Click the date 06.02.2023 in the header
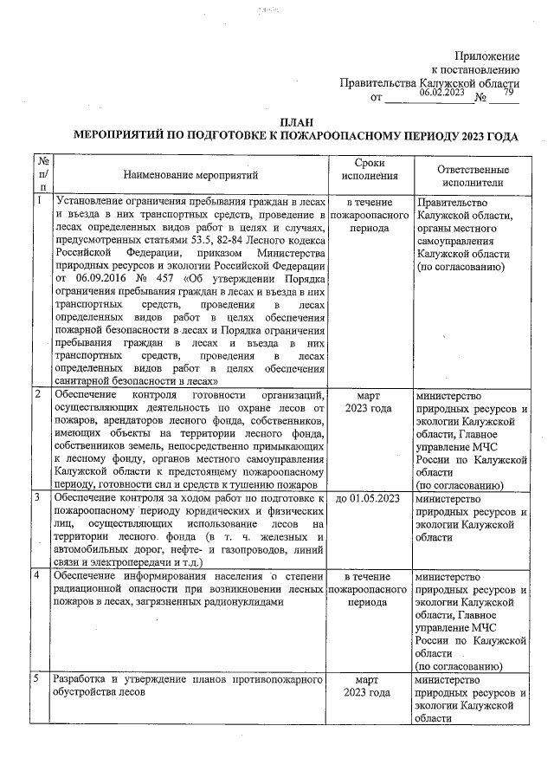click(x=442, y=93)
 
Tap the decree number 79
click(x=508, y=93)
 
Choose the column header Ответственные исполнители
click(x=472, y=176)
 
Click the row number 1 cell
click(x=39, y=200)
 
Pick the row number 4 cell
click(x=39, y=575)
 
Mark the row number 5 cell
click(x=39, y=679)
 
